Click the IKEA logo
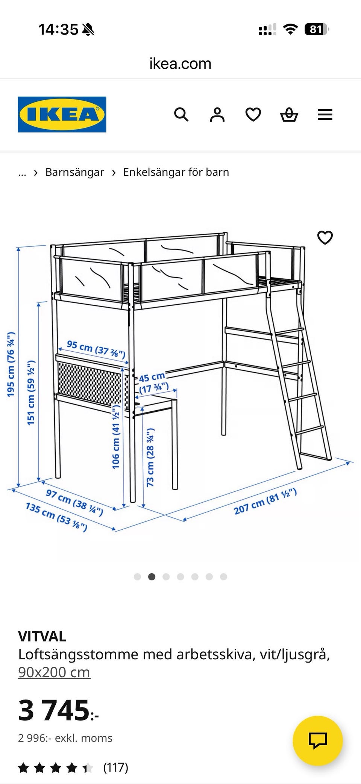click(62, 115)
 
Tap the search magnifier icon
click(181, 114)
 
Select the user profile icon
click(217, 115)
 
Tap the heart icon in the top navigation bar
click(253, 115)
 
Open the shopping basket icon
click(289, 115)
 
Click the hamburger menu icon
click(325, 115)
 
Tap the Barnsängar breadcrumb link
click(74, 172)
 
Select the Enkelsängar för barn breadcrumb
click(176, 172)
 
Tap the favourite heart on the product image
click(325, 237)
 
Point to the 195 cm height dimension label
click(11, 364)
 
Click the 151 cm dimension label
click(31, 393)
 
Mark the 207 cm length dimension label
click(265, 502)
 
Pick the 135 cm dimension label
click(56, 517)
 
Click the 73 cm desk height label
click(150, 457)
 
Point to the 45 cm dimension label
click(153, 382)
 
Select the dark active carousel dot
click(152, 577)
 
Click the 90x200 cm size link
click(54, 672)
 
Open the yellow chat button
click(318, 741)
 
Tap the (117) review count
click(116, 767)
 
